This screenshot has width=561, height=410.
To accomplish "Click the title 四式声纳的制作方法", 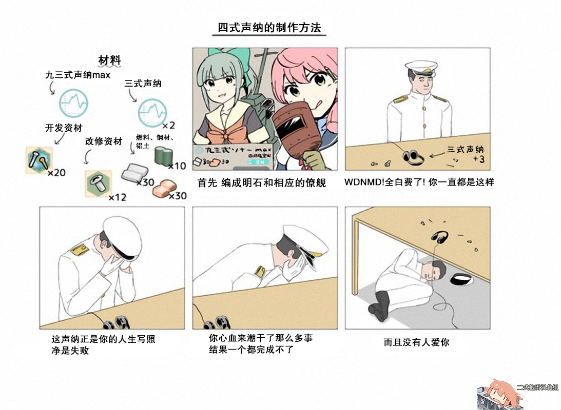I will (x=269, y=27).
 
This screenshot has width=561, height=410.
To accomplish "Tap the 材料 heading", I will (x=109, y=59).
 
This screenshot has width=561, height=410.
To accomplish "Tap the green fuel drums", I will (x=165, y=156).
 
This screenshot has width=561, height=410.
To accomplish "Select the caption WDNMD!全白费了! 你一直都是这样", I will (x=419, y=182).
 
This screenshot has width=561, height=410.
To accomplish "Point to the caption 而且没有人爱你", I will (x=416, y=341).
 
